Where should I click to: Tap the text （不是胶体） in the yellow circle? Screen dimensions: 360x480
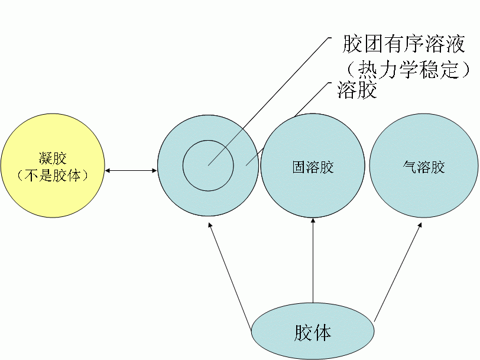pos(53,176)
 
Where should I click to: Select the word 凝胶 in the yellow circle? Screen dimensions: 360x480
pos(53,158)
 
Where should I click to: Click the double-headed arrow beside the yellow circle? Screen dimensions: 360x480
pos(131,171)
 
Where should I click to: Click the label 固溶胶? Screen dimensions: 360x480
pos(313,167)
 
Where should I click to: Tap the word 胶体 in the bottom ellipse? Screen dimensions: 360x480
pos(313,332)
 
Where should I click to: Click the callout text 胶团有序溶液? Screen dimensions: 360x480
pos(404,44)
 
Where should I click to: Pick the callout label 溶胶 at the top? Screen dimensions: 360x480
pos(357,90)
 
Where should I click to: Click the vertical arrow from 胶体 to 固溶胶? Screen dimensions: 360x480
pos(313,260)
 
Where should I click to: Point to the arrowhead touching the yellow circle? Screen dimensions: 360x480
pos(108,171)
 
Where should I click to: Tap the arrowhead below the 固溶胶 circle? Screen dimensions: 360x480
pos(313,222)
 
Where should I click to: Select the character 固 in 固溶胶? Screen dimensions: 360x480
pos(299,167)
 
